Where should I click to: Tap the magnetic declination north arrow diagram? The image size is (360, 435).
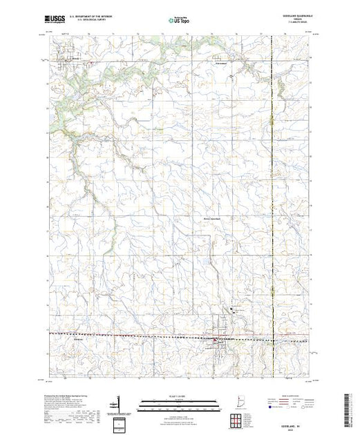(x=119, y=403)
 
